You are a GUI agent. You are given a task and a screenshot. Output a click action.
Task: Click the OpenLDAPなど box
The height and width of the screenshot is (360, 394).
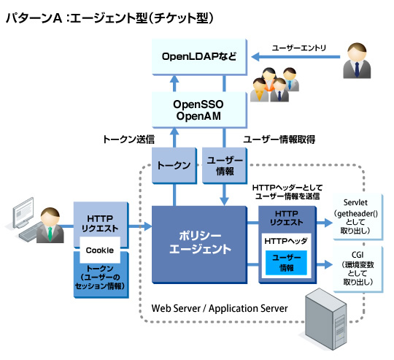coord(199,57)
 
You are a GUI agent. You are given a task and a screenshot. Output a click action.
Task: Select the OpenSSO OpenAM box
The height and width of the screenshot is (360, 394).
coord(199,110)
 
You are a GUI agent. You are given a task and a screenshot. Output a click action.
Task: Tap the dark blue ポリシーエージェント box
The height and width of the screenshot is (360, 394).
coord(199,245)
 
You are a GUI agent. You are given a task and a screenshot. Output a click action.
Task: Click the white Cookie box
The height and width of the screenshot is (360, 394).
coord(100,250)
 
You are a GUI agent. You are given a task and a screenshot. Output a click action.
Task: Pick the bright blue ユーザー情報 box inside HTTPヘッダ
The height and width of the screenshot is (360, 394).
coord(286,263)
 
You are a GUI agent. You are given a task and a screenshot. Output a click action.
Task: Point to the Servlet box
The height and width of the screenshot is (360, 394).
coord(358,217)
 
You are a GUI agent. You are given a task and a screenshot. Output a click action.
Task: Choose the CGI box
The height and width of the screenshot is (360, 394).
coord(358,269)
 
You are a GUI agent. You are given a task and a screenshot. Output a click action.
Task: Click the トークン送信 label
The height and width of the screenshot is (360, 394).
coord(128,139)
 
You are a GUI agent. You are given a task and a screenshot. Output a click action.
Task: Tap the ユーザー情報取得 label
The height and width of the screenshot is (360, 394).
coord(279,139)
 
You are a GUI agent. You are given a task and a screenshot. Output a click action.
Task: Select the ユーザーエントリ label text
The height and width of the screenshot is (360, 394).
coord(298,47)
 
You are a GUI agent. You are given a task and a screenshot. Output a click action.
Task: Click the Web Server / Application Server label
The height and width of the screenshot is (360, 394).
coord(220,308)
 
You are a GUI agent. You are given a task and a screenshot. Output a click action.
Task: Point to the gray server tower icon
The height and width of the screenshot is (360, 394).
coord(325,319)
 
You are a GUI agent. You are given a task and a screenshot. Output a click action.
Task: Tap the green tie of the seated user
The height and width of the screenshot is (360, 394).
coord(50,234)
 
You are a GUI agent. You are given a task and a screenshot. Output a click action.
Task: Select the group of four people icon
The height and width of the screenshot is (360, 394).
coord(274,85)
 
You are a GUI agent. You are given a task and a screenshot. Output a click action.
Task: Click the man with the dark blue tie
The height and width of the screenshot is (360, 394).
coord(357,61)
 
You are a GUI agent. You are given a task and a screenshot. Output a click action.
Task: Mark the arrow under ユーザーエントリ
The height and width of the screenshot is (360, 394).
coord(295,57)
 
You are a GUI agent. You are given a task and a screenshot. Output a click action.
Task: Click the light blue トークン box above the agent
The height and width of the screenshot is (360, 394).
coord(174,166)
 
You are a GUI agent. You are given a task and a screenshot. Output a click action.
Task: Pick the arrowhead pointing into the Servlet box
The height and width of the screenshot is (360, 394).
coord(328,223)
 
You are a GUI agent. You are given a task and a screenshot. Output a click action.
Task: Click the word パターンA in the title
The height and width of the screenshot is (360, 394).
coord(34,18)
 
